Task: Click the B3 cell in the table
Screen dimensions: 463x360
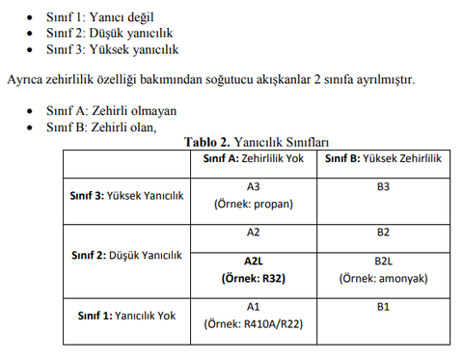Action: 382,186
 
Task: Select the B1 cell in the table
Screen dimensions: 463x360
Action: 382,307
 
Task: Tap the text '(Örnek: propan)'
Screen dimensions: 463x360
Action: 254,205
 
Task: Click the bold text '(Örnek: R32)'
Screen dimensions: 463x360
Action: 254,278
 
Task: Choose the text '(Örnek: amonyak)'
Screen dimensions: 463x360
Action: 382,278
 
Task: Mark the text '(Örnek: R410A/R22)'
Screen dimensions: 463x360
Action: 254,323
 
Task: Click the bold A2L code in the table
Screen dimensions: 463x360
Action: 254,261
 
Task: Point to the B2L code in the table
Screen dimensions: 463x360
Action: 382,261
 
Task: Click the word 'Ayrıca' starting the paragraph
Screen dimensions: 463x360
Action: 26,78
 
